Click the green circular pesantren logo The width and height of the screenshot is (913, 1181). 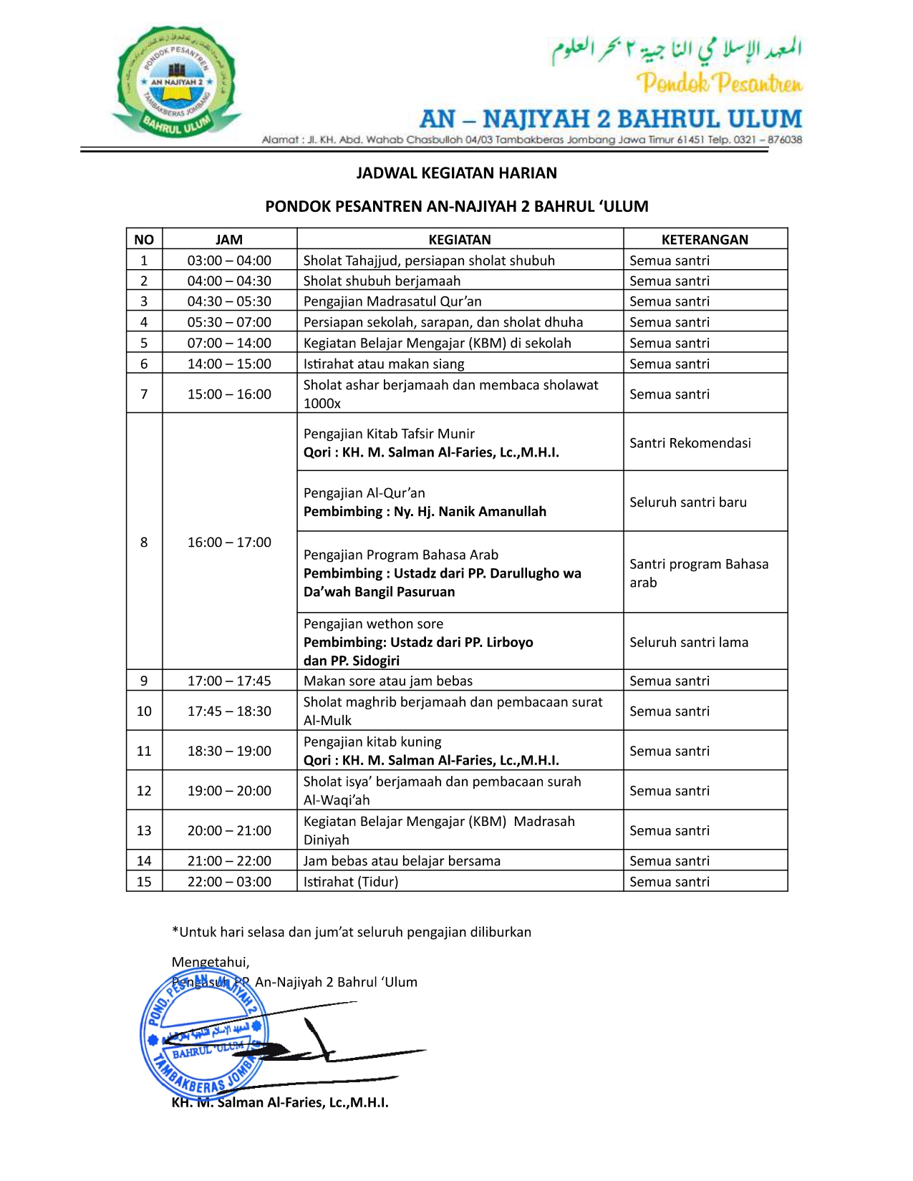click(x=176, y=83)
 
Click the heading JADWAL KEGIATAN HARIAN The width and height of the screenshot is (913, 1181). click(x=456, y=173)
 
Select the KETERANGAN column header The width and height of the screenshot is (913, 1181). click(x=705, y=240)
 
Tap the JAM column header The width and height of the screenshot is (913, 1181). click(x=229, y=240)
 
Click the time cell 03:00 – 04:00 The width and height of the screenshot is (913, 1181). click(x=229, y=261)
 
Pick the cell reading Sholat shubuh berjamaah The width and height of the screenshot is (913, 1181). click(x=382, y=281)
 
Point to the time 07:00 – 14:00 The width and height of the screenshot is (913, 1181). click(x=229, y=343)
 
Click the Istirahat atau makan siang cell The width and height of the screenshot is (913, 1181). click(x=384, y=364)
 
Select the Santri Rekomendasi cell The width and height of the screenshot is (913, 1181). click(x=690, y=443)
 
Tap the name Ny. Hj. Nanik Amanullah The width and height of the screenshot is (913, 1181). click(x=470, y=512)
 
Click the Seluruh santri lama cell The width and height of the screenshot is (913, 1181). click(x=689, y=642)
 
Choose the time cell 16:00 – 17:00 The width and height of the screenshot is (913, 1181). click(x=229, y=543)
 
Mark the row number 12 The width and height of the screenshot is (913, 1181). click(x=144, y=791)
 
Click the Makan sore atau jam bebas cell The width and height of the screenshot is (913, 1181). click(x=388, y=681)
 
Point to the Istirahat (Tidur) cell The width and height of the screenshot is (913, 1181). click(x=351, y=882)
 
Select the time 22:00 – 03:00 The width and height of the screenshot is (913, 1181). click(x=229, y=882)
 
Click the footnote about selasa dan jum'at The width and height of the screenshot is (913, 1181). click(x=352, y=932)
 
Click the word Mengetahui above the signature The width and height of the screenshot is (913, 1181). click(x=211, y=962)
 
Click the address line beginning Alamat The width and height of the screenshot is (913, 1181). click(x=531, y=140)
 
